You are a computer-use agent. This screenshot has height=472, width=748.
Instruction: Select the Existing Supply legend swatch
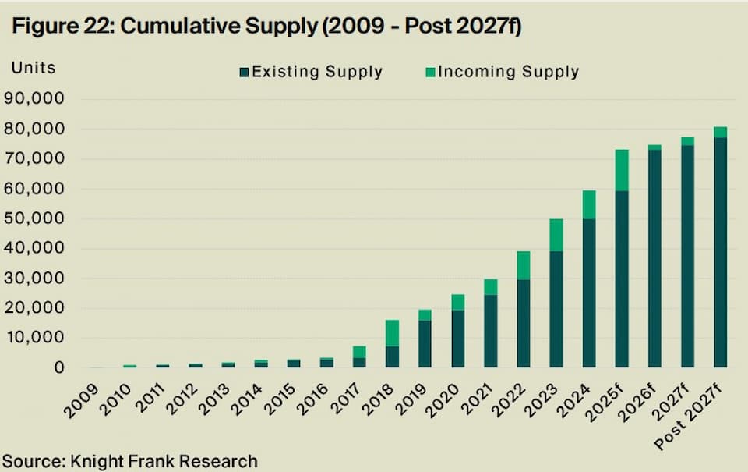pos(244,73)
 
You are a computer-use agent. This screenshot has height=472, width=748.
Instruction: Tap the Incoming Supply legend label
pos(508,73)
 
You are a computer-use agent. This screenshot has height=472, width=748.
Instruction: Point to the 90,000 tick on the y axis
pos(38,99)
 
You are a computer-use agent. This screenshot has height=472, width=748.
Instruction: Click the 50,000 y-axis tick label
pos(38,219)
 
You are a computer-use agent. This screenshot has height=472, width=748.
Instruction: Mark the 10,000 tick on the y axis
pos(38,339)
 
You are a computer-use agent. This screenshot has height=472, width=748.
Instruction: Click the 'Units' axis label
pos(34,67)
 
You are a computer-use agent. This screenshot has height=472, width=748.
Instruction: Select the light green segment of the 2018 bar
pos(392,333)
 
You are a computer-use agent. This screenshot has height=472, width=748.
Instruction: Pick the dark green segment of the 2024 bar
pos(589,293)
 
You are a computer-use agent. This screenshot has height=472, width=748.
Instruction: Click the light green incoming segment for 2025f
pos(622,170)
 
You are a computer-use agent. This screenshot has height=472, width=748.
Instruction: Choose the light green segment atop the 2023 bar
pos(556,235)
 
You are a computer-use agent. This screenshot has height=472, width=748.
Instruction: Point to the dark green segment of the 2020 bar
pos(458,339)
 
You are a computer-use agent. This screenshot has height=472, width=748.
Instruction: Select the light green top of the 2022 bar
pos(524,265)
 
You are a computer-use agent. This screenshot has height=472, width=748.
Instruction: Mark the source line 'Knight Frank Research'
pos(129,461)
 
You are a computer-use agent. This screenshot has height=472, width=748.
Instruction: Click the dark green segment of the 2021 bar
pos(491,331)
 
